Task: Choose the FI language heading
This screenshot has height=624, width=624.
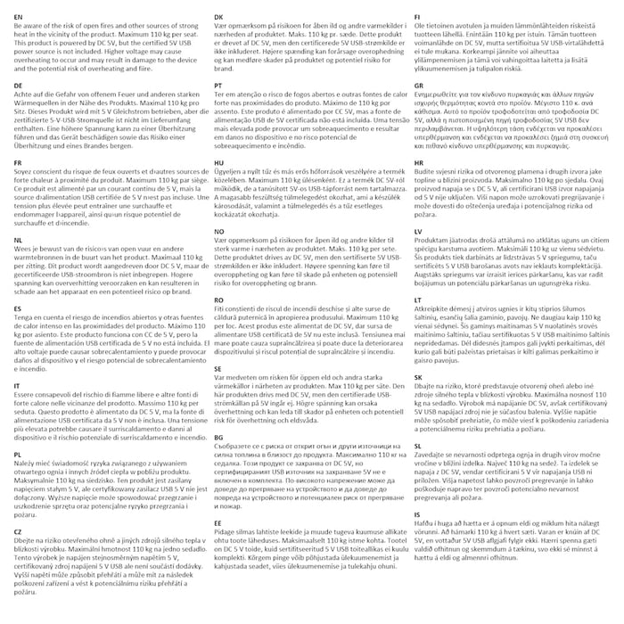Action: pos(417,17)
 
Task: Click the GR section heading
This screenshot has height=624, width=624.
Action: pos(418,85)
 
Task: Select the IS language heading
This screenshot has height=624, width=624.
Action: pos(416,513)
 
